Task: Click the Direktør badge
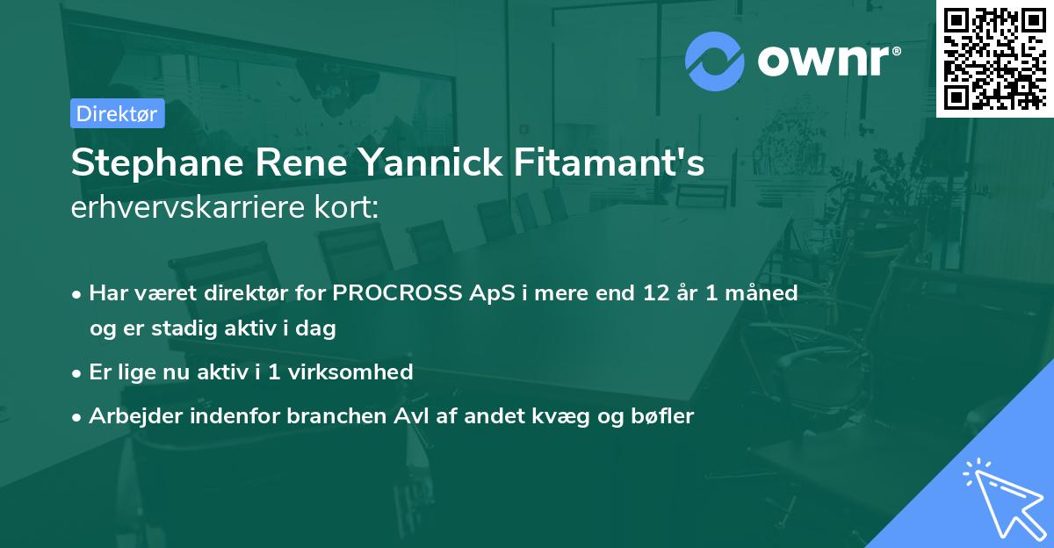(117, 113)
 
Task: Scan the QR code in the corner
(994, 57)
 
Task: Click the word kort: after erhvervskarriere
(349, 208)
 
